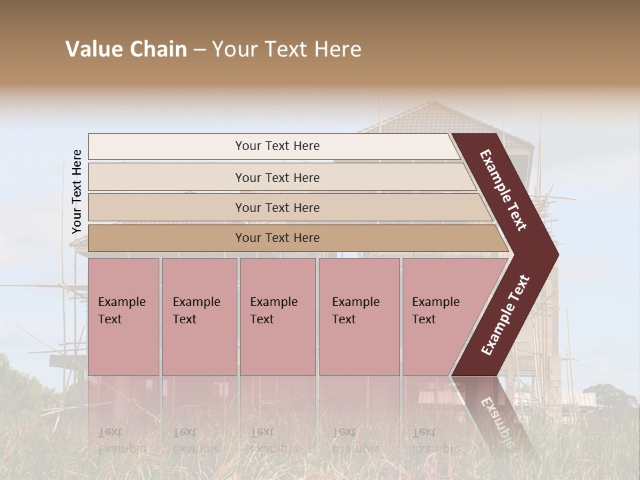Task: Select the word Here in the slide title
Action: tap(337, 49)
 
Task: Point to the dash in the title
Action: tap(199, 50)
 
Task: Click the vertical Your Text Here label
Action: tap(77, 192)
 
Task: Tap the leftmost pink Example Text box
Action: tap(123, 317)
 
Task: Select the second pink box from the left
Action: tap(199, 317)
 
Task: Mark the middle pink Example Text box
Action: tap(277, 317)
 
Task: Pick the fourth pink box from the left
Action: tap(359, 317)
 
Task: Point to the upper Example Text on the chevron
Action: tap(503, 190)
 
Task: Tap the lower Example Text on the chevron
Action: tap(505, 315)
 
